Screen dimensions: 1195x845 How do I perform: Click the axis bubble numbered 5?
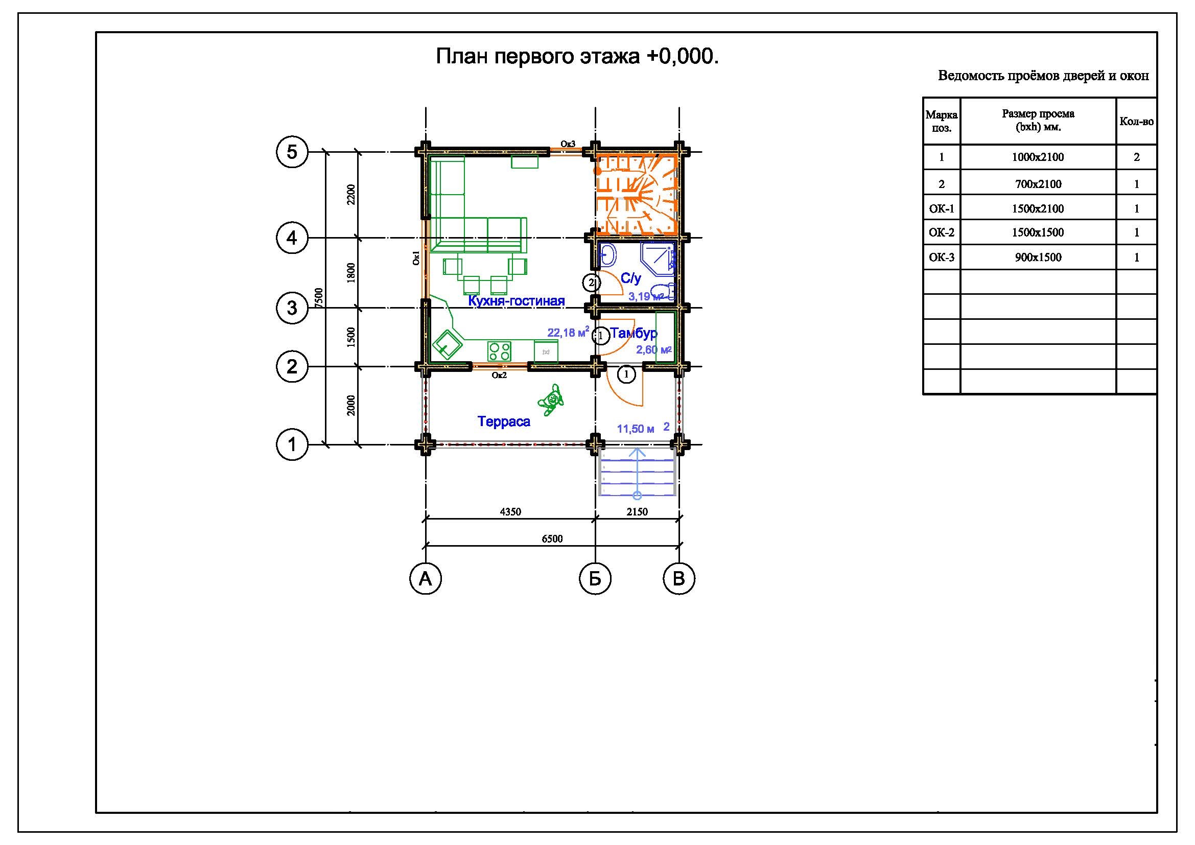click(292, 152)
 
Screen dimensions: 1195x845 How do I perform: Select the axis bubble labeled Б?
click(595, 578)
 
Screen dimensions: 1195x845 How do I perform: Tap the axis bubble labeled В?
click(679, 578)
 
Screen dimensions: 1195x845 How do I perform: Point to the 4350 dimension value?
click(510, 512)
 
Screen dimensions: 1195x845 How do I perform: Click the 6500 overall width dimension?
click(552, 539)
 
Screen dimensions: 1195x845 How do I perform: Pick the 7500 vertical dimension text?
click(319, 298)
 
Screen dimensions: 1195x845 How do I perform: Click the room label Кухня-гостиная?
click(517, 301)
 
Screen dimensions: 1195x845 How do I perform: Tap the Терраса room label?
click(504, 421)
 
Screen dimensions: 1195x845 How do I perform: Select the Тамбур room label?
click(634, 333)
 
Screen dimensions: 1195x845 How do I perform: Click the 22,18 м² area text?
click(568, 332)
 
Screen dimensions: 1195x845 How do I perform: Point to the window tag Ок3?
click(568, 144)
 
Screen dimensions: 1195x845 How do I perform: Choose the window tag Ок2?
click(499, 374)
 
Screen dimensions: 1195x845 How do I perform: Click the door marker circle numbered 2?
click(591, 283)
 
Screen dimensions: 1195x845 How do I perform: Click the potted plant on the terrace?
click(551, 400)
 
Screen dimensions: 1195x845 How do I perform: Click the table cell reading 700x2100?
click(1038, 184)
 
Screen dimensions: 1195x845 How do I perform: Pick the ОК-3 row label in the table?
click(942, 257)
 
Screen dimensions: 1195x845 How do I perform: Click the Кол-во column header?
click(1137, 122)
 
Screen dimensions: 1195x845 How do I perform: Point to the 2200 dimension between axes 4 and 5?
click(352, 195)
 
